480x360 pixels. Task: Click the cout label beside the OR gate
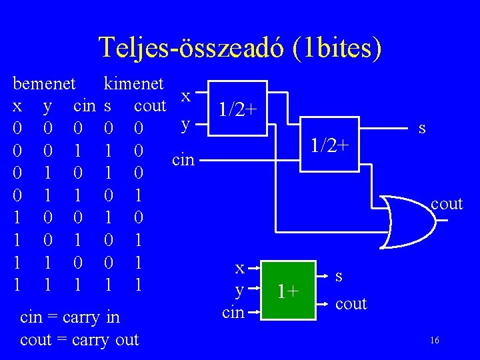[x=447, y=204]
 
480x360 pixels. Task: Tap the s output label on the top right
[x=422, y=127]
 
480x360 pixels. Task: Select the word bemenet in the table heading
[x=45, y=83]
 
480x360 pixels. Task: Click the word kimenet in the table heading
[x=133, y=83]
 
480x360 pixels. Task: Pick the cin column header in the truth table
[x=85, y=105]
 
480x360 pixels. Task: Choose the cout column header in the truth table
[x=150, y=105]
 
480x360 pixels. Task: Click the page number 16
[x=435, y=341]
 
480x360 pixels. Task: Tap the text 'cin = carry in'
[x=70, y=317]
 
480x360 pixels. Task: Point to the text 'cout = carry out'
[x=79, y=339]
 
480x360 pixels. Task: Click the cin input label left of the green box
[x=233, y=311]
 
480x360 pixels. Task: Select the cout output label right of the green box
[x=351, y=303]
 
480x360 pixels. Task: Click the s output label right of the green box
[x=339, y=275]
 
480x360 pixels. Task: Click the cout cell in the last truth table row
[x=137, y=285]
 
